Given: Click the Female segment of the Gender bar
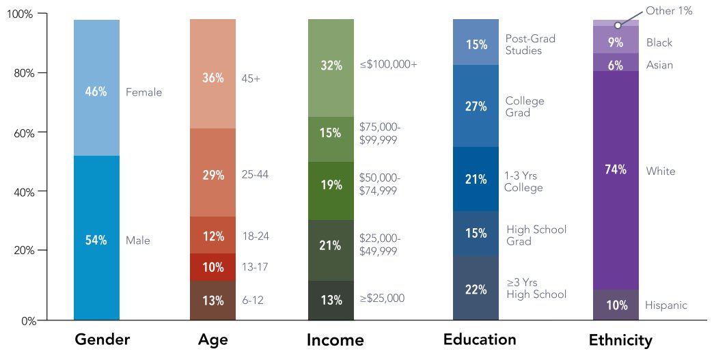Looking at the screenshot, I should tap(96, 88).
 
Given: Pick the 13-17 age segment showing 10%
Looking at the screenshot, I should tap(212, 267).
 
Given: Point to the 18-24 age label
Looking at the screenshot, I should tap(256, 236).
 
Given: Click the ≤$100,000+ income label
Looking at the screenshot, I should tap(388, 65).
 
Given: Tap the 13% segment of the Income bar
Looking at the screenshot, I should tap(331, 300).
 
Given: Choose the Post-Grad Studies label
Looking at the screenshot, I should tap(530, 44).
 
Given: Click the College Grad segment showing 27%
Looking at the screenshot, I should tap(476, 106).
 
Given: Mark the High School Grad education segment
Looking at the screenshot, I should tap(476, 234).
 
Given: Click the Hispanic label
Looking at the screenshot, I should tap(666, 305).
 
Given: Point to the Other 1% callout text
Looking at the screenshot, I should tap(670, 11).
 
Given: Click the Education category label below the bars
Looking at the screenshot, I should tap(480, 340).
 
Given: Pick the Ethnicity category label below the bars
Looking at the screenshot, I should tap(620, 340).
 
